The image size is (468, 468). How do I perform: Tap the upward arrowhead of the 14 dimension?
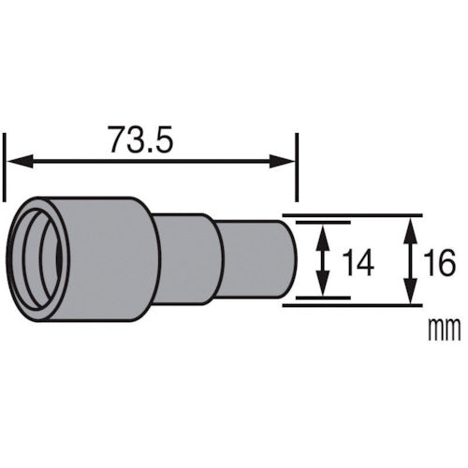[323, 231]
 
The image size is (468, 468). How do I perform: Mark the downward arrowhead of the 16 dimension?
[410, 299]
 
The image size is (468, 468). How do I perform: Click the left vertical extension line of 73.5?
[7, 164]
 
